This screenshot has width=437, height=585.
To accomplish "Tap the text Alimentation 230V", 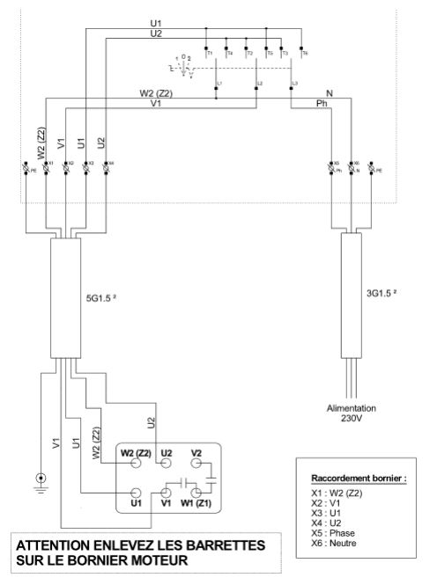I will pos(352,413).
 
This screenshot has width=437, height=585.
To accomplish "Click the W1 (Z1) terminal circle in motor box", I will pos(198,495).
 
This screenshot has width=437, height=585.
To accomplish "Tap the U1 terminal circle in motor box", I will pos(137,495).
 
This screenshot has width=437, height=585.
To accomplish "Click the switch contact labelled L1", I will pos(218,84).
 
